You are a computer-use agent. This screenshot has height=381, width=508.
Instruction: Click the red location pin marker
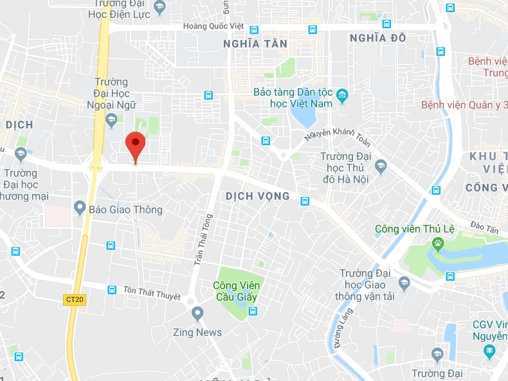click(135, 145)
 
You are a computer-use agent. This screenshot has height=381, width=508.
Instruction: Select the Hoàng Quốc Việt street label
click(213, 26)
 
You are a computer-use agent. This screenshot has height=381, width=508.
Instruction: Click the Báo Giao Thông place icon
click(80, 208)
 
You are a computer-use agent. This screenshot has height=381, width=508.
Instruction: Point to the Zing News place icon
click(197, 314)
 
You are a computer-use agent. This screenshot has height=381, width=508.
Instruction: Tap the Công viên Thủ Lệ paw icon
click(439, 243)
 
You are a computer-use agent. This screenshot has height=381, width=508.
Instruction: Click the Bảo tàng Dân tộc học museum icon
click(342, 96)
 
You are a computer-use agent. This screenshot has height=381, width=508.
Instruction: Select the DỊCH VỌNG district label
click(257, 196)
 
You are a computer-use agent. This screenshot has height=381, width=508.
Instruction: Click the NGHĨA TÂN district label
click(255, 44)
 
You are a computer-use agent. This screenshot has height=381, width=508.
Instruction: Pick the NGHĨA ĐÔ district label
click(377, 38)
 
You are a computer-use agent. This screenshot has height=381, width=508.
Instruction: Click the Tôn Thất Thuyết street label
click(152, 293)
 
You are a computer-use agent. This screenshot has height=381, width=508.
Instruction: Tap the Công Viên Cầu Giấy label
click(235, 291)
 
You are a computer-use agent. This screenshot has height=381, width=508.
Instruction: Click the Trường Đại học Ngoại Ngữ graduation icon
click(111, 119)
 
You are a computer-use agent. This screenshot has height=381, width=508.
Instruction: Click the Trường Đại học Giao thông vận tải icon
click(404, 282)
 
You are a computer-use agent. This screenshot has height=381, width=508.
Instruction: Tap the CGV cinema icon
click(489, 351)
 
